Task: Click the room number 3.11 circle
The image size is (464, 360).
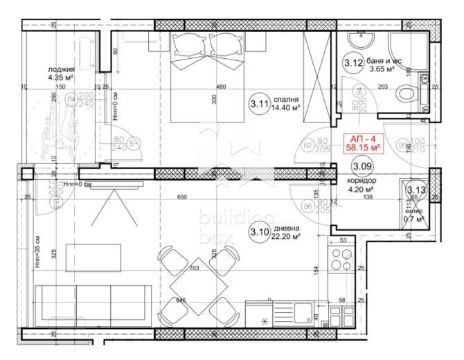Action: click(259, 105)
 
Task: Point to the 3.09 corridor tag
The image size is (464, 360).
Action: click(361, 166)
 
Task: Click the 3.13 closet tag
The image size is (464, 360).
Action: click(416, 190)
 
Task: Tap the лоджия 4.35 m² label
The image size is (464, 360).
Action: click(61, 74)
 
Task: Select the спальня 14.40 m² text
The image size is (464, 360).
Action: click(287, 103)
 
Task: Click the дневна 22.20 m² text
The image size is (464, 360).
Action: click(287, 232)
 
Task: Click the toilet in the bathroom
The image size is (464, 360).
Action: click(406, 91)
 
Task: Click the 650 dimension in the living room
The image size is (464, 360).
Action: click(181, 197)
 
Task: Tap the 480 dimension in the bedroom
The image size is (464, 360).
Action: click(221, 87)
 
